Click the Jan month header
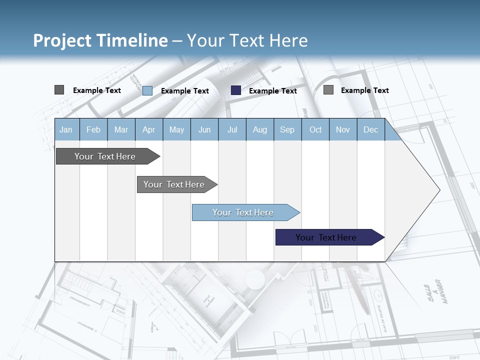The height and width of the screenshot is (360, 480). tap(66, 130)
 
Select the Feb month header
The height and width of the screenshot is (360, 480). tap(93, 130)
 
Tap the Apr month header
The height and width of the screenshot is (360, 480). tap(149, 130)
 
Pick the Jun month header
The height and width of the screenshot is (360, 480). tap(204, 130)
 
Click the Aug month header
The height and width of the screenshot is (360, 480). tap(260, 130)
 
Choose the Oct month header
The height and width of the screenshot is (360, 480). tap(315, 130)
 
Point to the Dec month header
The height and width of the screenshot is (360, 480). tap(371, 130)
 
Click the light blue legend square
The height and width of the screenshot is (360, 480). tap(147, 90)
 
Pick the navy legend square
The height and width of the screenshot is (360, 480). tap(236, 90)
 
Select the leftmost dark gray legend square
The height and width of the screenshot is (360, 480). tap(59, 90)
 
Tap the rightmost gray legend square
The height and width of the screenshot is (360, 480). tap(328, 90)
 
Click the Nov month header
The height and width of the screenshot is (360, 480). tap(343, 130)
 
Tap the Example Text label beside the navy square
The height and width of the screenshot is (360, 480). tap(272, 91)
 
